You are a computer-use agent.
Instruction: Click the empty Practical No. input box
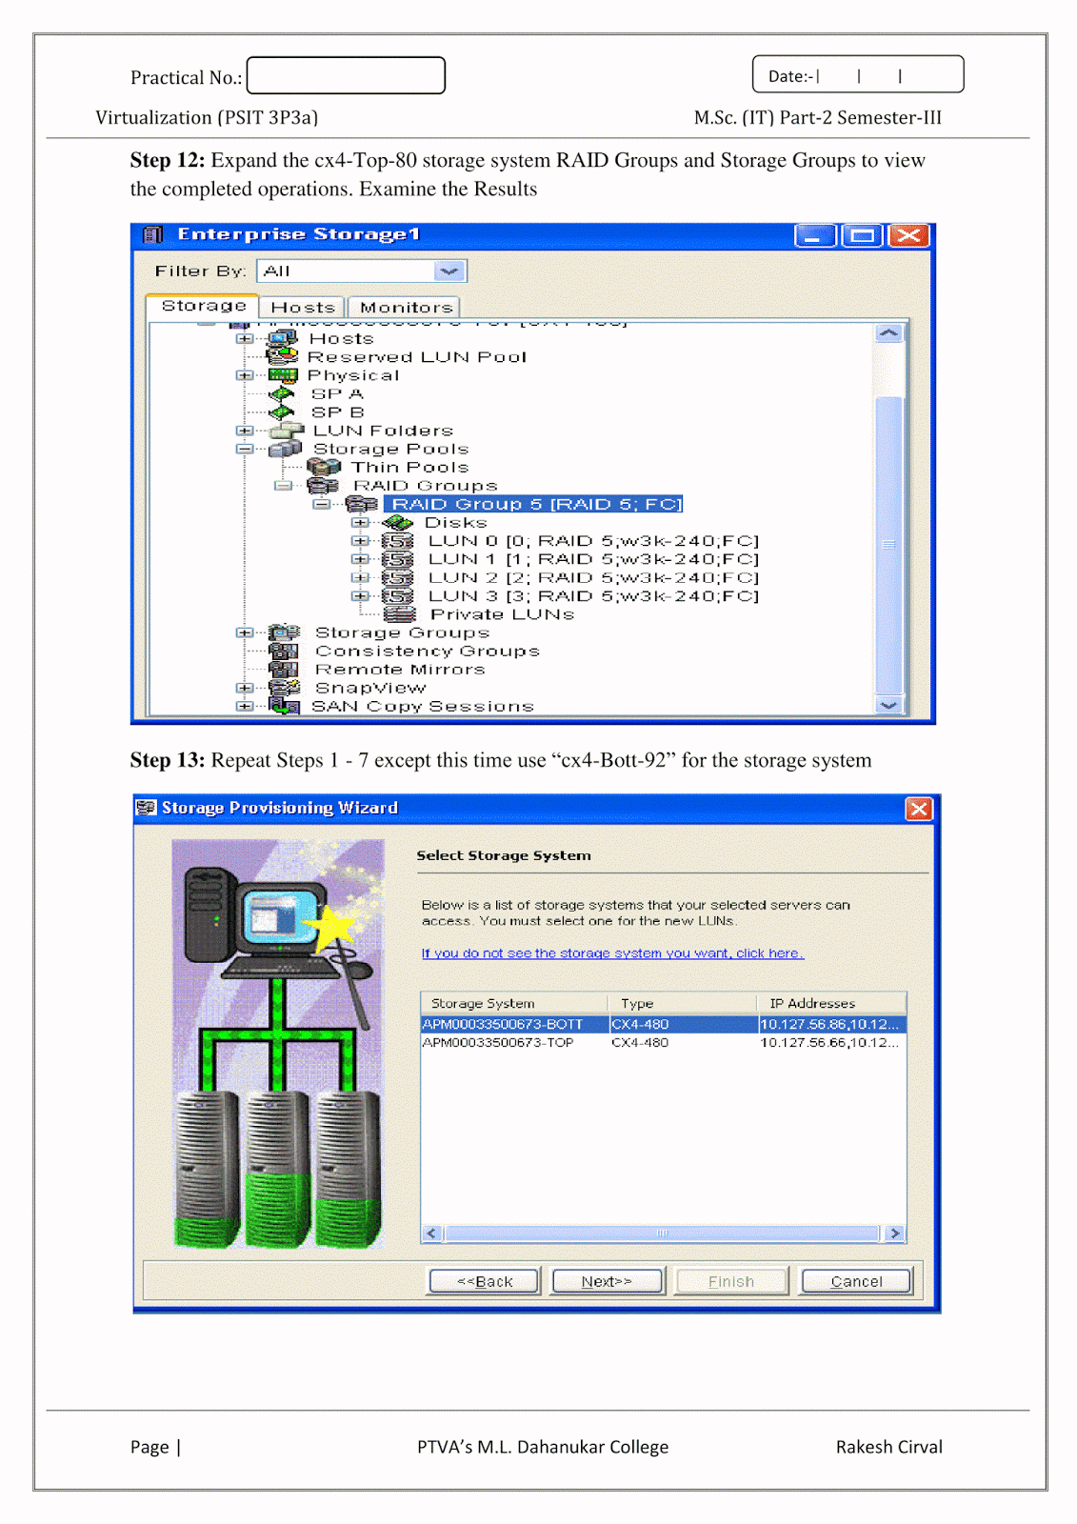[x=346, y=75]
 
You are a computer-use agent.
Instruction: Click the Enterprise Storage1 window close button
[x=909, y=235]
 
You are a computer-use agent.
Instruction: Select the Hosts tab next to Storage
[x=303, y=308]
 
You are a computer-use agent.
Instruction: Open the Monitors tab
[x=406, y=308]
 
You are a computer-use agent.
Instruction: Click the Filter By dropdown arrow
[x=449, y=271]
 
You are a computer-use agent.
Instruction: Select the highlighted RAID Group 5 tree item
[x=533, y=504]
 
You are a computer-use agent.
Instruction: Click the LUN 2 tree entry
[x=592, y=577]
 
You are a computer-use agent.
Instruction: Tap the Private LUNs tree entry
[x=502, y=614]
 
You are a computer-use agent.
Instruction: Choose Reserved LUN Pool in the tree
[x=416, y=357]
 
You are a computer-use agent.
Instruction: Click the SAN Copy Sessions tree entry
[x=422, y=706]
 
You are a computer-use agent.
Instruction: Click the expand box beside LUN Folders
[x=244, y=431]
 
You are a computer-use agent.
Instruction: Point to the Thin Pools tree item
[x=409, y=468]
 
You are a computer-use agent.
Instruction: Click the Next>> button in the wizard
[x=607, y=1281]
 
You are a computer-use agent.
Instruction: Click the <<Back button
[x=484, y=1281]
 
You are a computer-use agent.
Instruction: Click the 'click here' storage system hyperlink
[x=612, y=953]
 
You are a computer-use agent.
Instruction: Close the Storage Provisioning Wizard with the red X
[x=919, y=809]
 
